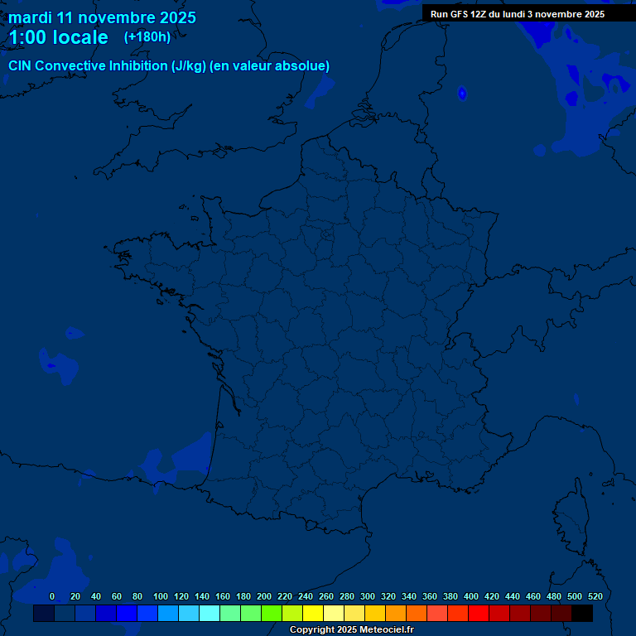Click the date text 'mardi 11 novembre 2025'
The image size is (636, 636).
(102, 17)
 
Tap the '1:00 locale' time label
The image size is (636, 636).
(58, 37)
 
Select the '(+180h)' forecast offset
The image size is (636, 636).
(147, 36)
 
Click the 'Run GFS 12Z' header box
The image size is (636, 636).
(518, 14)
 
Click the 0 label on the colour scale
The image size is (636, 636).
(52, 596)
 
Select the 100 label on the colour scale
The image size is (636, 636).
(161, 596)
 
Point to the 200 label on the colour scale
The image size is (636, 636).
(264, 596)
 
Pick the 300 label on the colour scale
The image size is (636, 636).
(368, 596)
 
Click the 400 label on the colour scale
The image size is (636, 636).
(471, 596)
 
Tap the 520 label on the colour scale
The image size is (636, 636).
(595, 596)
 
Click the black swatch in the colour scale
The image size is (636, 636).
(582, 614)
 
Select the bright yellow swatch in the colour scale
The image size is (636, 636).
(313, 614)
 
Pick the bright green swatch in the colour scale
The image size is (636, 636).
(272, 614)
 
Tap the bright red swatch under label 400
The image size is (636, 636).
(479, 614)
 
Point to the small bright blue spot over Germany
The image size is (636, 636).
(462, 94)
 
